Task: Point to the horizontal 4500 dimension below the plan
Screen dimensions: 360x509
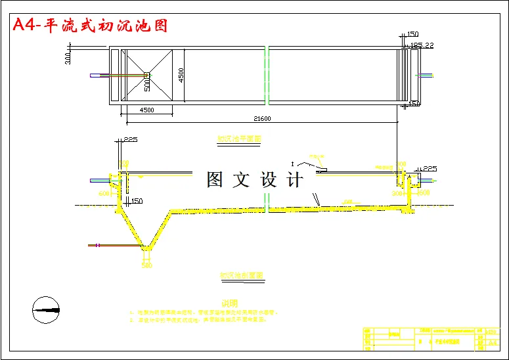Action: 146,110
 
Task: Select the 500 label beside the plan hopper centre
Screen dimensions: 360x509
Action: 147,84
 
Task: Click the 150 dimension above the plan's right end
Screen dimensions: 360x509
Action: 413,34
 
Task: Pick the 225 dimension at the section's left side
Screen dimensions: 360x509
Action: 129,140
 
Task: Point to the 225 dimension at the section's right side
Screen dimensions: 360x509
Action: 429,169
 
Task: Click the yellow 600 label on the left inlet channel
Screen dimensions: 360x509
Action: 104,194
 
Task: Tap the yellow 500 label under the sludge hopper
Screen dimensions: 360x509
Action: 146,265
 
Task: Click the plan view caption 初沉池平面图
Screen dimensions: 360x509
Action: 240,139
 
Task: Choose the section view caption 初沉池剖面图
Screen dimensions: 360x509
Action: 241,276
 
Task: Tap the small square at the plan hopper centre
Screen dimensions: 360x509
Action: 147,75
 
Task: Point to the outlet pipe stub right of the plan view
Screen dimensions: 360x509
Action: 427,75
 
